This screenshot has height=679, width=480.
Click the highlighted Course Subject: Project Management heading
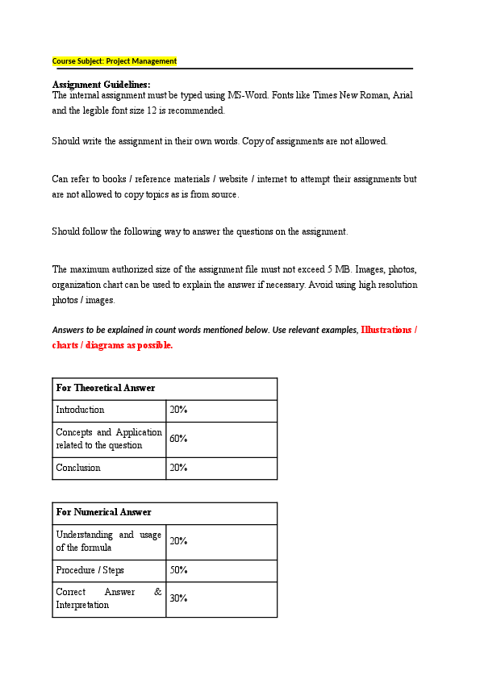tap(115, 61)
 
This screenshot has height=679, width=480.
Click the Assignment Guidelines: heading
tap(101, 85)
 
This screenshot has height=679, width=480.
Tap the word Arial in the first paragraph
tap(402, 95)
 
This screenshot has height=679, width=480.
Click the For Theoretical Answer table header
tap(106, 388)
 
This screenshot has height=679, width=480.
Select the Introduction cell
tap(80, 410)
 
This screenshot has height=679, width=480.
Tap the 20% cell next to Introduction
tap(178, 410)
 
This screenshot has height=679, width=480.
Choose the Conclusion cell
tap(78, 468)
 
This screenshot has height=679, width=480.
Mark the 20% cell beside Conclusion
tap(178, 468)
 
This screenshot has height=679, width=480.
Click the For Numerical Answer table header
tap(103, 512)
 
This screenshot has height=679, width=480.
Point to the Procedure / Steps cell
tap(90, 570)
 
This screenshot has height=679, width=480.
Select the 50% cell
tap(178, 570)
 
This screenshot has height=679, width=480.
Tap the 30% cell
tap(178, 598)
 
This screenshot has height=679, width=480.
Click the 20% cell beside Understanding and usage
tap(178, 541)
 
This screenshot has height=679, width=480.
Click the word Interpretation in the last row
tap(82, 605)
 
